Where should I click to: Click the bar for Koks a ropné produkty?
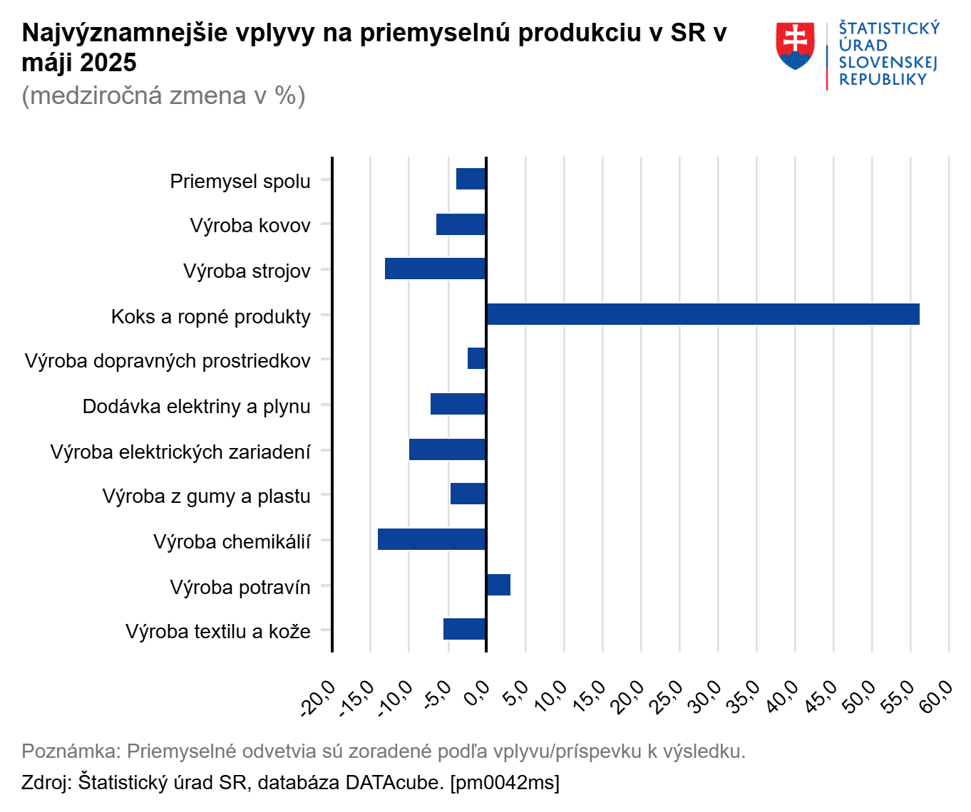tap(702, 314)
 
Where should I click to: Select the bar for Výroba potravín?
tap(498, 585)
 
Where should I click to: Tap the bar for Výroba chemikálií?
tap(431, 539)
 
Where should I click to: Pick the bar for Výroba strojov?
tap(435, 269)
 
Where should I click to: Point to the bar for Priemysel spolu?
tap(471, 179)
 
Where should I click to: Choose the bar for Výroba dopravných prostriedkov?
tap(476, 358)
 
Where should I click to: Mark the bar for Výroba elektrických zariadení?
tap(447, 449)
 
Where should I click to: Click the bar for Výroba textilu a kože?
tap(464, 629)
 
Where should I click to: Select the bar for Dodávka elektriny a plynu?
tap(458, 404)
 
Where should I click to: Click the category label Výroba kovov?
tap(250, 226)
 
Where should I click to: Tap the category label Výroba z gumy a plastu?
tap(206, 496)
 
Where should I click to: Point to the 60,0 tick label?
tap(936, 696)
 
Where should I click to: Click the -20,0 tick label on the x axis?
tap(319, 698)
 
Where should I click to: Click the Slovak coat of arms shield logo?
tap(795, 46)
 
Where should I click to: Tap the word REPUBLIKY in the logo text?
tap(883, 80)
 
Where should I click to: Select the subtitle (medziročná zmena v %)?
tap(163, 95)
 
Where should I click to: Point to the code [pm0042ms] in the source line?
tap(505, 782)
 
